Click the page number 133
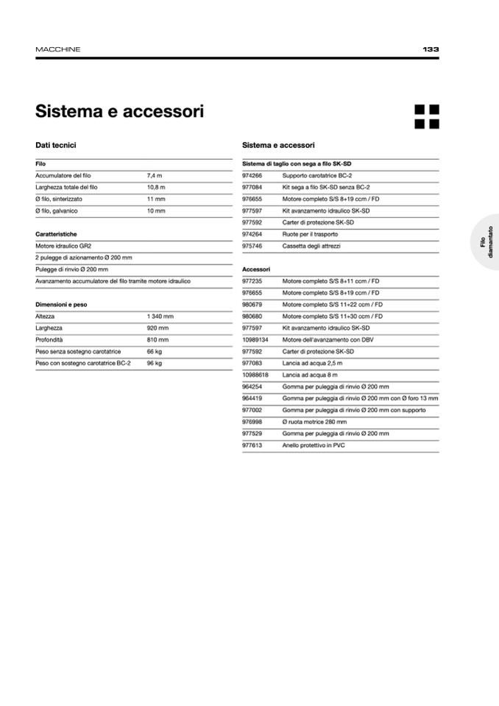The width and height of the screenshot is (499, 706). tap(431, 49)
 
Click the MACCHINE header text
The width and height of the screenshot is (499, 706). tap(58, 49)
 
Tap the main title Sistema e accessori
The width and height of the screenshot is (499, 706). tap(119, 112)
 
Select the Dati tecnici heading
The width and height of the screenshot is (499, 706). tap(56, 146)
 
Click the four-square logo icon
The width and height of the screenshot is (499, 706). tap(426, 116)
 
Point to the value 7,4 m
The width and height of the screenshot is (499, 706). tap(155, 176)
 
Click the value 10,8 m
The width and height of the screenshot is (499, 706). tap(156, 188)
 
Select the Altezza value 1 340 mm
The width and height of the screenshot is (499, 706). tap(160, 316)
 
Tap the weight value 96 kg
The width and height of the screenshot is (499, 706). tap(155, 363)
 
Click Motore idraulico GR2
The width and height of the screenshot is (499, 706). tap(63, 246)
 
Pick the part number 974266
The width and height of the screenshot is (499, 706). tap(252, 176)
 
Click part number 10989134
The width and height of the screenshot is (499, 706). tap(255, 339)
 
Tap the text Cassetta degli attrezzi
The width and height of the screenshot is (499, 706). tap(311, 246)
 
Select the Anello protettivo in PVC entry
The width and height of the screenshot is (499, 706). tap(314, 445)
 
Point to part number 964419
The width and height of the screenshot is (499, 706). tap(252, 398)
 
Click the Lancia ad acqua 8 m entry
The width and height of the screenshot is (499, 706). tap(311, 375)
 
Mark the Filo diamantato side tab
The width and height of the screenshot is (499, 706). tap(486, 242)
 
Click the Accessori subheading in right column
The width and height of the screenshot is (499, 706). tap(256, 269)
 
